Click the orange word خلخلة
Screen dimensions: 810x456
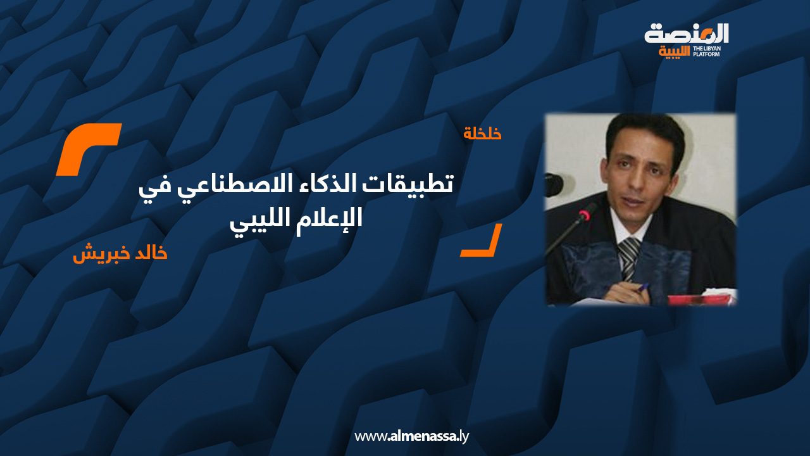click(482, 134)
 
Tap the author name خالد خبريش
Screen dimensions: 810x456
click(120, 254)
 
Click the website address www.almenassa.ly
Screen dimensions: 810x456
click(411, 436)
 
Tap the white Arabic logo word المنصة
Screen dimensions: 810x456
click(687, 34)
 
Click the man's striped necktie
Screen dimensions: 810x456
click(629, 257)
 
